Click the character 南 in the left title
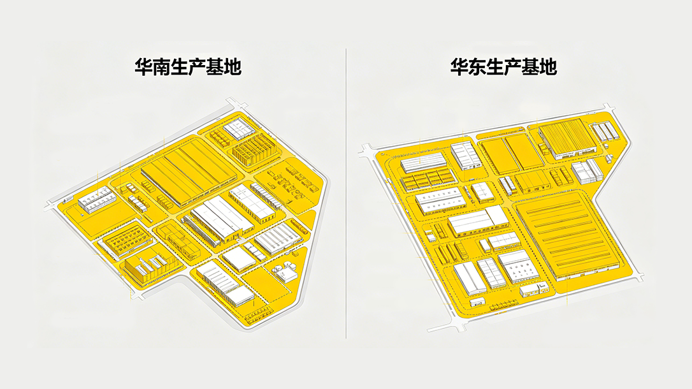pos(161,67)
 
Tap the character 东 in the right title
pos(477,67)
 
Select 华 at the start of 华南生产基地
pos(143,67)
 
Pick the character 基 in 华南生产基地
pos(215,67)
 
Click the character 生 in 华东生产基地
pos(494,67)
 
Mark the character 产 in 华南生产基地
pos(197,67)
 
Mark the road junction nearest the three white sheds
pos(609,108)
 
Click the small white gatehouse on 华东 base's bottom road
pos(477,302)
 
